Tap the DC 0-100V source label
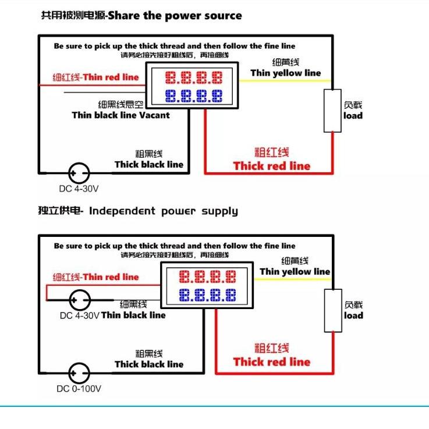coord(79,388)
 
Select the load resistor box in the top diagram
coord(332,111)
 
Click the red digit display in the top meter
coord(193,77)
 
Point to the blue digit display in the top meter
coord(193,95)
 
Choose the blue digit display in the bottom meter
coord(207,295)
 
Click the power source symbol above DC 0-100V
coord(79,373)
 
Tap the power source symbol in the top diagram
coord(79,173)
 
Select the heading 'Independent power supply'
coord(164,211)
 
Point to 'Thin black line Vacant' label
coord(120,115)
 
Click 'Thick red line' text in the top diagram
coord(272,166)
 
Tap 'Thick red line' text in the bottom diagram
coord(272,361)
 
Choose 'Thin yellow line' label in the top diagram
coord(286,73)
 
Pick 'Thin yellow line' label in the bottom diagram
coord(295,271)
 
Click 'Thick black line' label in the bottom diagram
coord(149,364)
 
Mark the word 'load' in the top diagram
coord(353,115)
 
